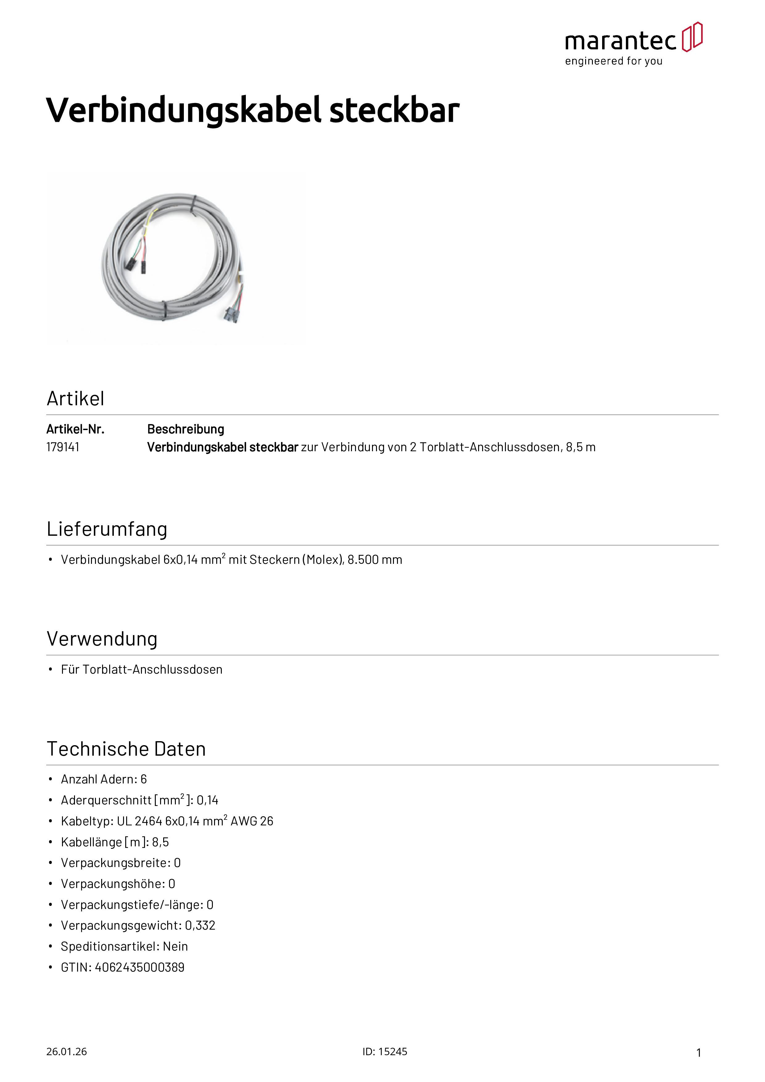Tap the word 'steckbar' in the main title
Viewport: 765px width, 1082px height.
[394, 110]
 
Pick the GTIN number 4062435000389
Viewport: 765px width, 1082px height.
[139, 968]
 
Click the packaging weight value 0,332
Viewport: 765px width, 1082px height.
[200, 926]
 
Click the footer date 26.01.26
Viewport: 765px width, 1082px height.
[66, 1052]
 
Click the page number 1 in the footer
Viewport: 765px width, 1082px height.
[699, 1053]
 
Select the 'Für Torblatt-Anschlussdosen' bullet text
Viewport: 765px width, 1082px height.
[141, 670]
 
